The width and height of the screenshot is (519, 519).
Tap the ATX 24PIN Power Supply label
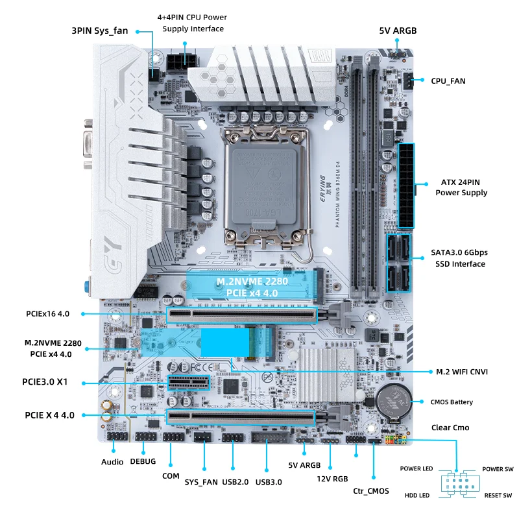point(461,187)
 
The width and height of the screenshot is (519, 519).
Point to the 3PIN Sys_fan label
point(99,30)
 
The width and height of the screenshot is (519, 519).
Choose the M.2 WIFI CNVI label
point(462,372)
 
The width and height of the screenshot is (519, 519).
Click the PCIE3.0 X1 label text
point(46,382)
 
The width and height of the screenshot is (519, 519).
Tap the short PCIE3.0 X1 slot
point(190,382)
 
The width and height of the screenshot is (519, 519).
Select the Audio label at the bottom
point(112,462)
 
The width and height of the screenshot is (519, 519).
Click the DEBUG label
point(143,461)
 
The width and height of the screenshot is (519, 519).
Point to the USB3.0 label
point(269,481)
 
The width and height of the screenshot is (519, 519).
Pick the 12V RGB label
point(332,479)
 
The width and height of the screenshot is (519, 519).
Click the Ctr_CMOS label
point(371,491)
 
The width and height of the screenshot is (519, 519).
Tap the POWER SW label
point(498,469)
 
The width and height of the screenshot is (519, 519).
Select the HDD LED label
point(416,496)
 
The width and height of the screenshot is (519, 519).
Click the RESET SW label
point(498,496)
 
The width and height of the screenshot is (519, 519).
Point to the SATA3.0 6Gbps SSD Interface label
point(459,258)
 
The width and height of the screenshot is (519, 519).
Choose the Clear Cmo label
point(450,428)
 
